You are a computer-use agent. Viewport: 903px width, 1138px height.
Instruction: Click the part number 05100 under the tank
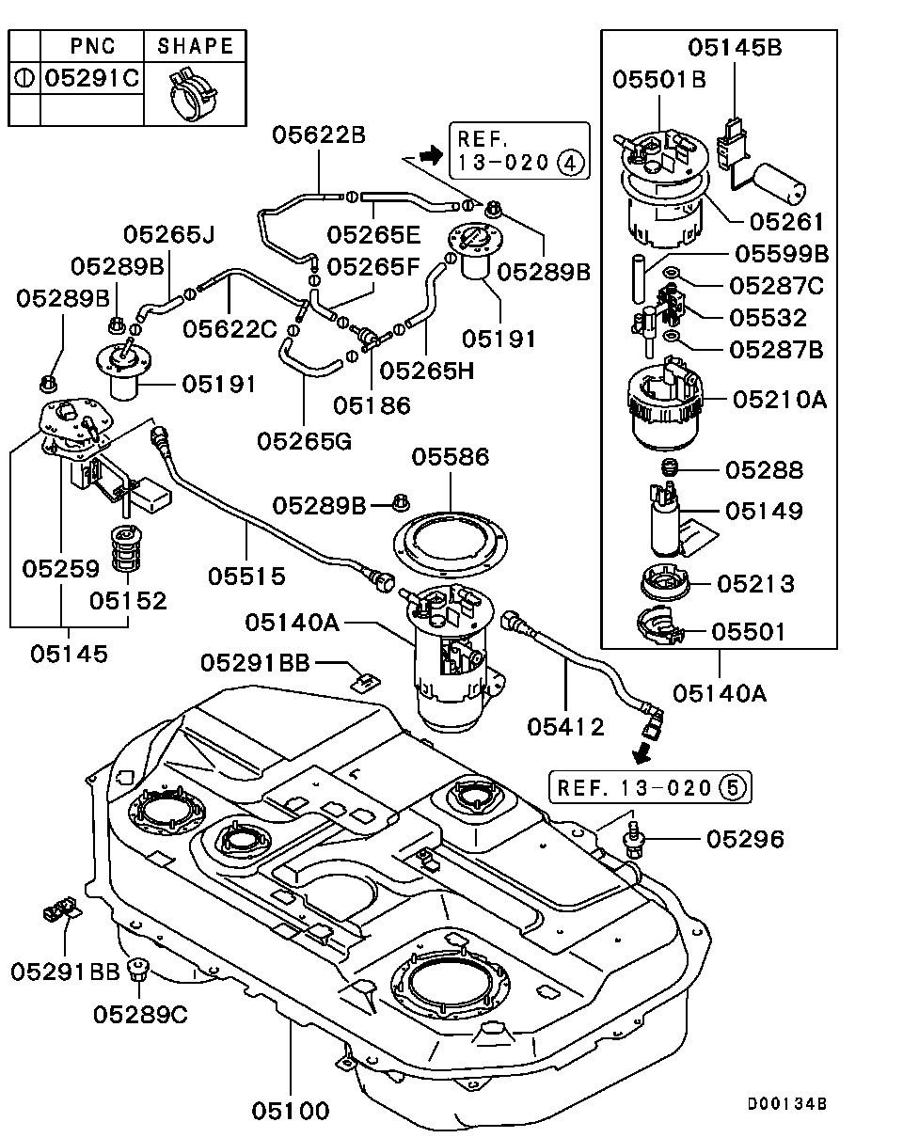tap(291, 1111)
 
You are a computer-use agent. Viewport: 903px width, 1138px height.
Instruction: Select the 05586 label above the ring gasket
tap(451, 458)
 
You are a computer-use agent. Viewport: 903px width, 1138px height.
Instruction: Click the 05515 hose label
tap(246, 574)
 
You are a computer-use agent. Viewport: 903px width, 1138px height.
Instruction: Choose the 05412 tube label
tap(566, 726)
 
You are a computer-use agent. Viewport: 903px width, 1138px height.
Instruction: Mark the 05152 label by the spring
tap(129, 600)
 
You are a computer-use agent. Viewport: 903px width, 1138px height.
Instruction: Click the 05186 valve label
tap(372, 406)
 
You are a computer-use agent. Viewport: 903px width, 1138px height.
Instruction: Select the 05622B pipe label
tap(319, 135)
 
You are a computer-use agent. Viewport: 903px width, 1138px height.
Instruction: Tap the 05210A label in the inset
tap(780, 400)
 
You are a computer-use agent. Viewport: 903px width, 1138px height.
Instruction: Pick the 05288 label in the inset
tap(764, 469)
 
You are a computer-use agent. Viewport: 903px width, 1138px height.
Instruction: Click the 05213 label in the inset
tap(755, 584)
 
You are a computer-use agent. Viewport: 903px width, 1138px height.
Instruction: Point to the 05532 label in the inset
tap(768, 318)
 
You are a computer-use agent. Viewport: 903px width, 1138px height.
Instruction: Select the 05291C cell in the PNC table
tap(92, 78)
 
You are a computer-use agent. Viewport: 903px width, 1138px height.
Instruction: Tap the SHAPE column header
tap(195, 45)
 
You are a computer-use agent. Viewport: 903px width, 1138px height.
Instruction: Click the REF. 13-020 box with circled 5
tap(651, 787)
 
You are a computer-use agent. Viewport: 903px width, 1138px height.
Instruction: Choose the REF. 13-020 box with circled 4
tap(519, 150)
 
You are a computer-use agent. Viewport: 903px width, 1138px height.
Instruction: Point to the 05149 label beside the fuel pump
tap(764, 512)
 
